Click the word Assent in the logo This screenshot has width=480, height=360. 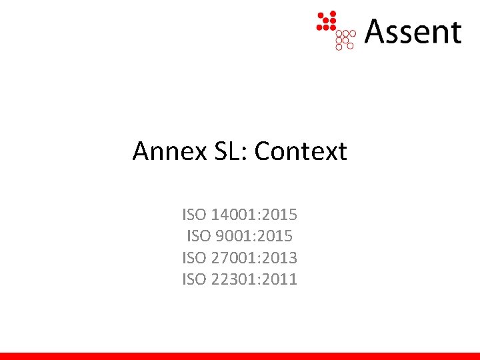click(x=413, y=31)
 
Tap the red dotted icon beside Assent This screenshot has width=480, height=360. click(x=336, y=30)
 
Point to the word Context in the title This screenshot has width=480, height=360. click(x=301, y=152)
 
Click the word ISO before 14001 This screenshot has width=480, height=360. click(x=194, y=215)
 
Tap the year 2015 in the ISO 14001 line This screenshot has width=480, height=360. click(x=280, y=215)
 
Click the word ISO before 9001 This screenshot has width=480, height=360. click(x=199, y=236)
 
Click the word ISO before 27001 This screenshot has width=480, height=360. click(x=194, y=257)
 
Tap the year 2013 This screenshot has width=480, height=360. click(x=280, y=257)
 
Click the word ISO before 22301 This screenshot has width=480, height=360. click(x=194, y=279)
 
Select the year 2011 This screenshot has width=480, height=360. click(x=280, y=279)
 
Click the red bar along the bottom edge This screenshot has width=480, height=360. click(x=240, y=356)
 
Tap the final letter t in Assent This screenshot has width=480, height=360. click(x=455, y=33)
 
